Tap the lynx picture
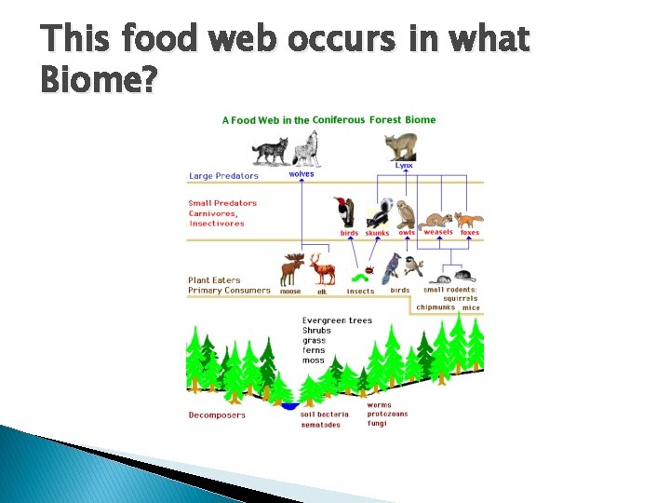(402, 146)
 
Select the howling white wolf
(306, 149)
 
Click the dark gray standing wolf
(271, 151)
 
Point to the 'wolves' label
(301, 174)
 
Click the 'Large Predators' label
(223, 175)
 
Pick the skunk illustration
(378, 213)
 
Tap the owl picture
(405, 214)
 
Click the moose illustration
(292, 270)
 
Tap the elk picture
(323, 270)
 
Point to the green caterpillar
(355, 278)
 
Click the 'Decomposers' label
(217, 415)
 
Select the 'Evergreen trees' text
(337, 320)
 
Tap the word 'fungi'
(377, 424)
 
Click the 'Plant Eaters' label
(214, 279)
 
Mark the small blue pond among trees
(290, 406)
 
